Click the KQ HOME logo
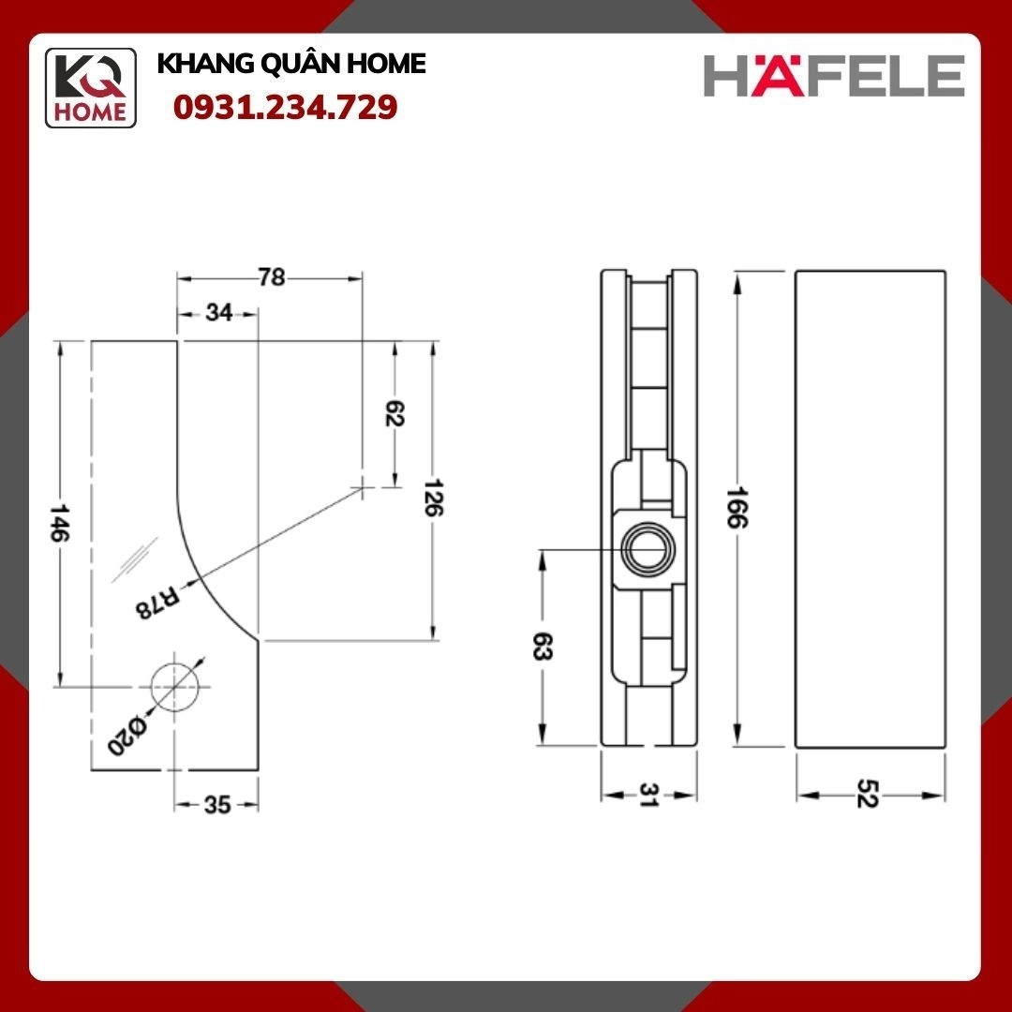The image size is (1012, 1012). pyautogui.click(x=90, y=88)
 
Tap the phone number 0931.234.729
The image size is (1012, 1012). pyautogui.click(x=285, y=107)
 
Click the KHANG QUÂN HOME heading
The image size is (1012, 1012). pyautogui.click(x=291, y=64)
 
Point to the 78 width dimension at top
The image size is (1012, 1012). pyautogui.click(x=272, y=277)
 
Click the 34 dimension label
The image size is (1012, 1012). pyautogui.click(x=218, y=312)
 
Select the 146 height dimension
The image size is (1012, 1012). pyautogui.click(x=59, y=523)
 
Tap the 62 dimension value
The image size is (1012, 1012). pyautogui.click(x=394, y=413)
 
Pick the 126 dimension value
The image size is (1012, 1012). pyautogui.click(x=433, y=497)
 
